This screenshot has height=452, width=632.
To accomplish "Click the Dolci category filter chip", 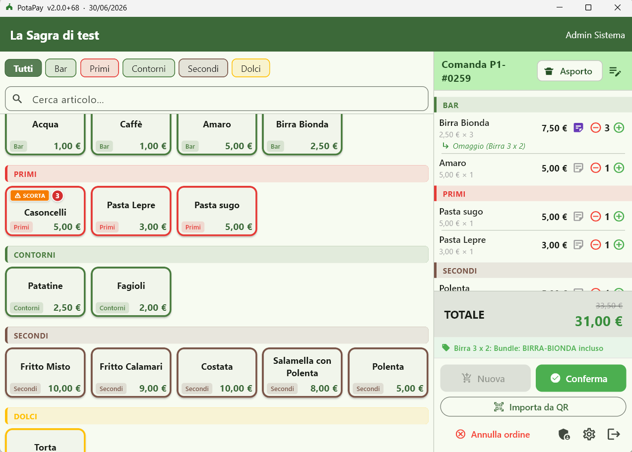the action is pos(251,68).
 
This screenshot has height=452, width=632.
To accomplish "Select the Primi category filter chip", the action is pos(99,68).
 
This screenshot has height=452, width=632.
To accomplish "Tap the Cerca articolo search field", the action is pos(217,99).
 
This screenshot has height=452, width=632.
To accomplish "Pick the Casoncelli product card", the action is pos(45,211).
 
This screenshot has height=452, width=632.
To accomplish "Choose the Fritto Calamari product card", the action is pos(131,372).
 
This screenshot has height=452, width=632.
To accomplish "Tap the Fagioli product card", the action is pos(131,291).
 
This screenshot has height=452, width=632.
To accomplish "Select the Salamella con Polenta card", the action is pos(302,372).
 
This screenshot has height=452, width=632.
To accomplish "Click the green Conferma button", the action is pos(581,378).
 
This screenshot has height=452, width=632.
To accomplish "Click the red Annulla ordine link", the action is pos(493,434).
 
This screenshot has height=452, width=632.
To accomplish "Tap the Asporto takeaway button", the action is pos(569,71).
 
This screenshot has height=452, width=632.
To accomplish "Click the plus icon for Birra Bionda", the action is pos(619,128).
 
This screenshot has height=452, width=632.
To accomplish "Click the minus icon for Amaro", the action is pos(596,168).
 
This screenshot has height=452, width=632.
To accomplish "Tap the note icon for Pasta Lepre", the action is pos(578,245).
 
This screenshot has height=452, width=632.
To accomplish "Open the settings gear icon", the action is pos(589,434).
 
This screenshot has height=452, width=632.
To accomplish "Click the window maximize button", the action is pos(588,7).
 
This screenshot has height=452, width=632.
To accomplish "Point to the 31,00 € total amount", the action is pos(598,321).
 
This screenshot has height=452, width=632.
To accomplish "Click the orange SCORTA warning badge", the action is pos(30,196).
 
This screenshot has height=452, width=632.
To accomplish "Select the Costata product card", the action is pos(217,372).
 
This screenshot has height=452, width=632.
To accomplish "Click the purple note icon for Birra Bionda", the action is pos(578,128).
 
